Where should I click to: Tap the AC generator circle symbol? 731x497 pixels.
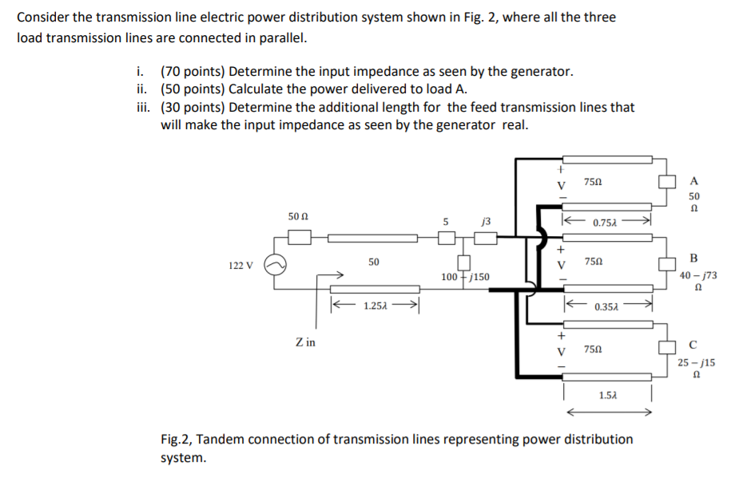coord(273,266)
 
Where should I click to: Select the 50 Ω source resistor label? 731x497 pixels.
coord(298,216)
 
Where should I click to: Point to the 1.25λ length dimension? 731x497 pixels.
coord(376,306)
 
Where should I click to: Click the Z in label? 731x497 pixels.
coord(305,342)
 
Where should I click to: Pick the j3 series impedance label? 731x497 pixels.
coord(486,221)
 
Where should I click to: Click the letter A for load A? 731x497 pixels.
coord(693,179)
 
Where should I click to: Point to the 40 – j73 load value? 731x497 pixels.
coord(698,275)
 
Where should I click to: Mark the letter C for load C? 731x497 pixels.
coord(693,345)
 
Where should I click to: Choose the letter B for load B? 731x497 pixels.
coord(693,258)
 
